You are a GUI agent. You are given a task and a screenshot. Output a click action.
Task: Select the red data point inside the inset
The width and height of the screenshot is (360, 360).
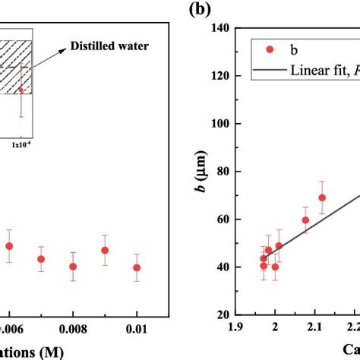(x=21, y=90)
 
